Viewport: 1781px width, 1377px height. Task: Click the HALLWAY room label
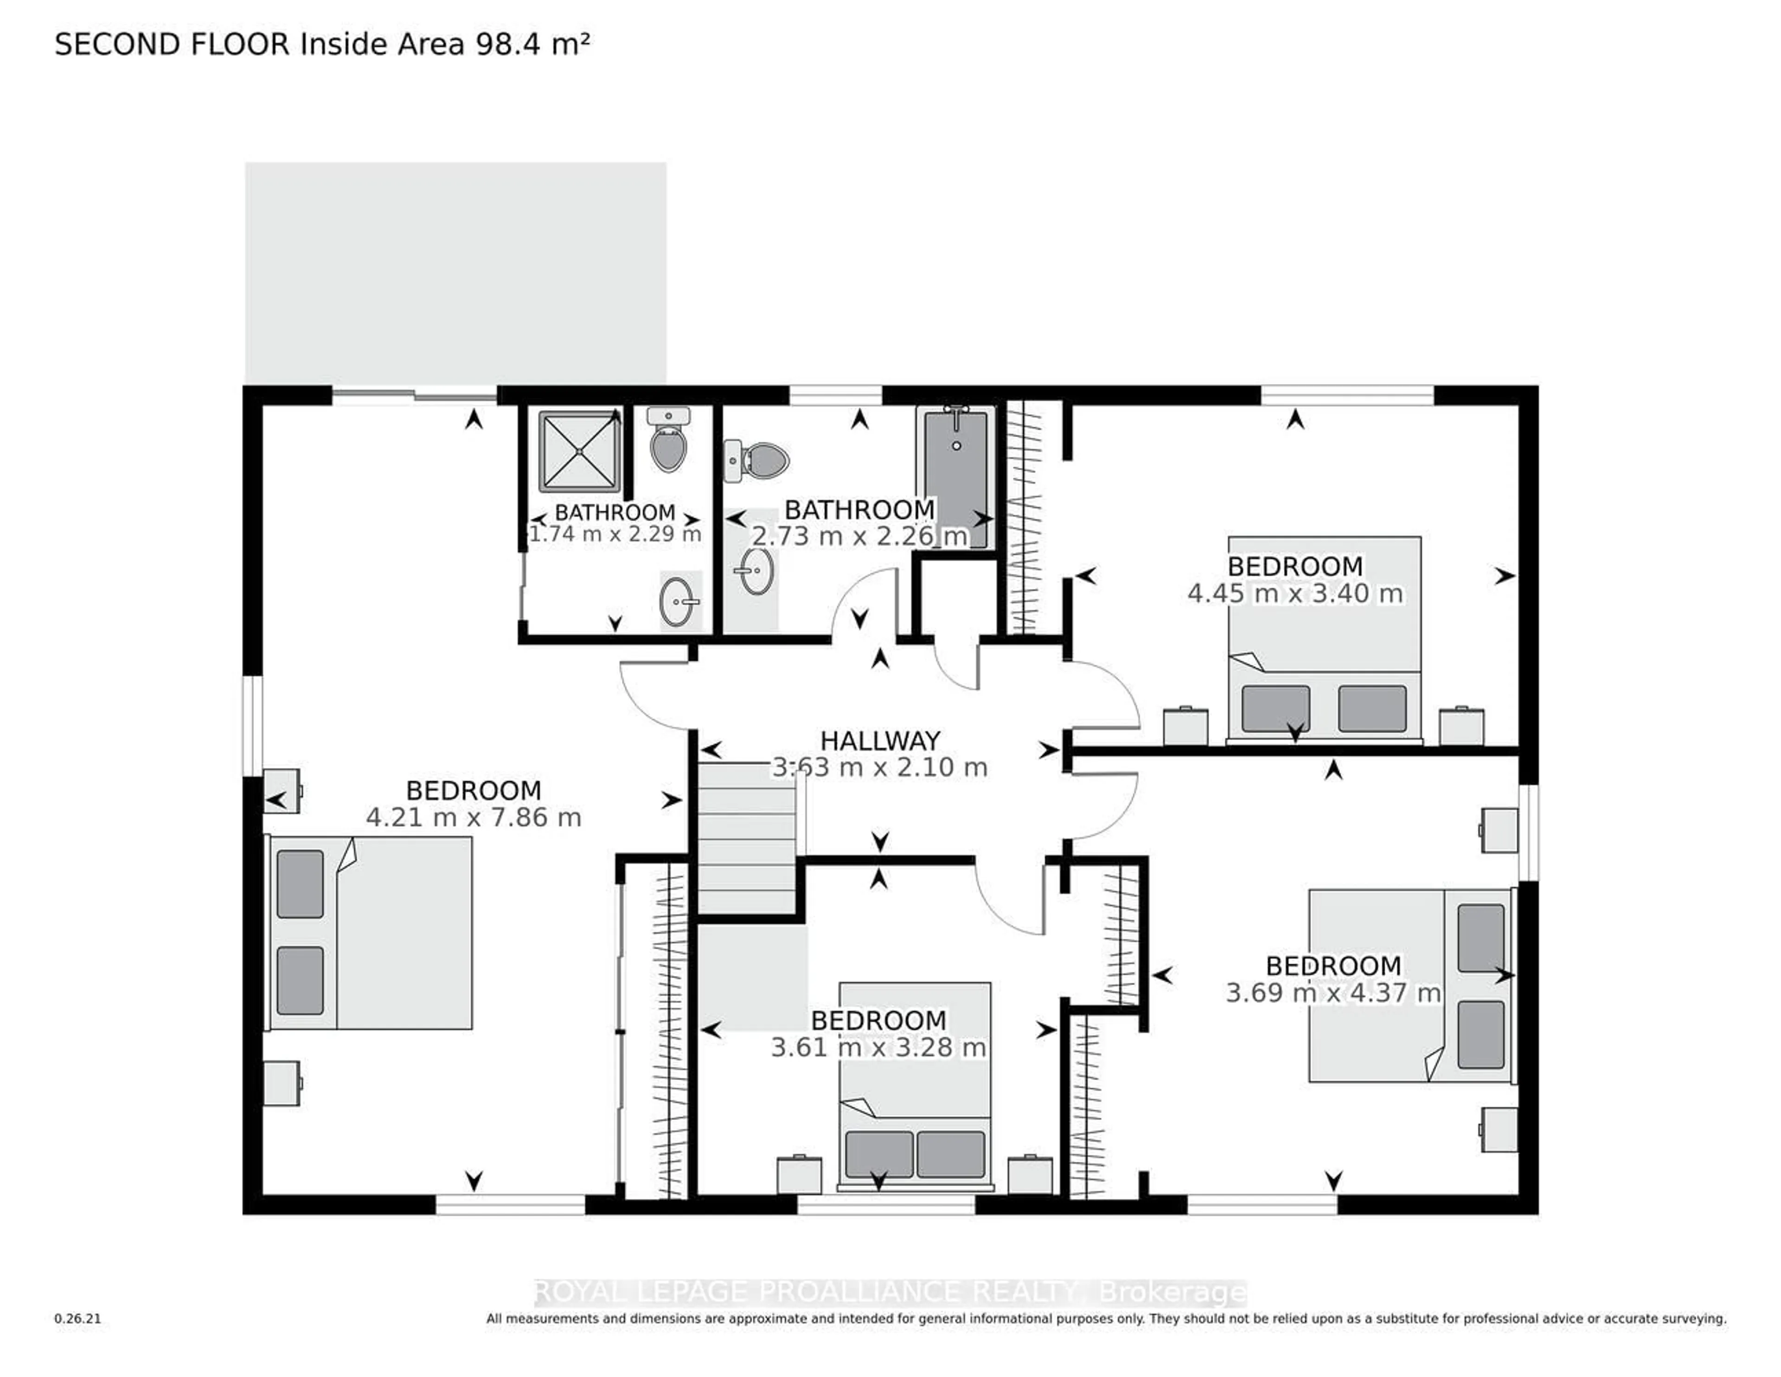pos(880,741)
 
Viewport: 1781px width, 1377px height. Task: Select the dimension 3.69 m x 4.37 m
pos(1333,993)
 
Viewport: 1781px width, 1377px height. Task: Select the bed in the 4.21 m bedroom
pos(371,932)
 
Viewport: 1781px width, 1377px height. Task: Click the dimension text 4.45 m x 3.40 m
pos(1295,593)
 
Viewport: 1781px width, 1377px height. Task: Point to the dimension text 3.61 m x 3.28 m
pos(878,1048)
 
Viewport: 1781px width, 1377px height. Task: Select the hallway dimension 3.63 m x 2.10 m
pos(880,768)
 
